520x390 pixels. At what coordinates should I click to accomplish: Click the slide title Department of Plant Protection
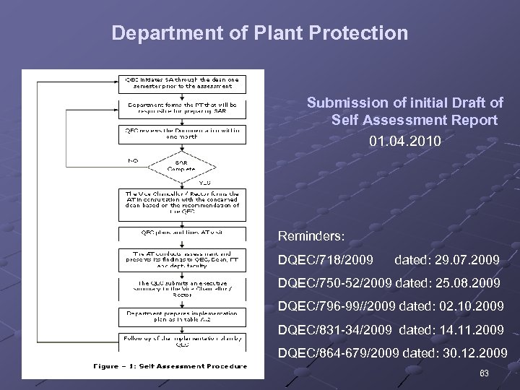pyautogui.click(x=260, y=33)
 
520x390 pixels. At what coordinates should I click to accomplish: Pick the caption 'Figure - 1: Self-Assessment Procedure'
pyautogui.click(x=171, y=365)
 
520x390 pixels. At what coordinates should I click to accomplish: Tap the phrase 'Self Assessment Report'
pyautogui.click(x=415, y=119)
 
